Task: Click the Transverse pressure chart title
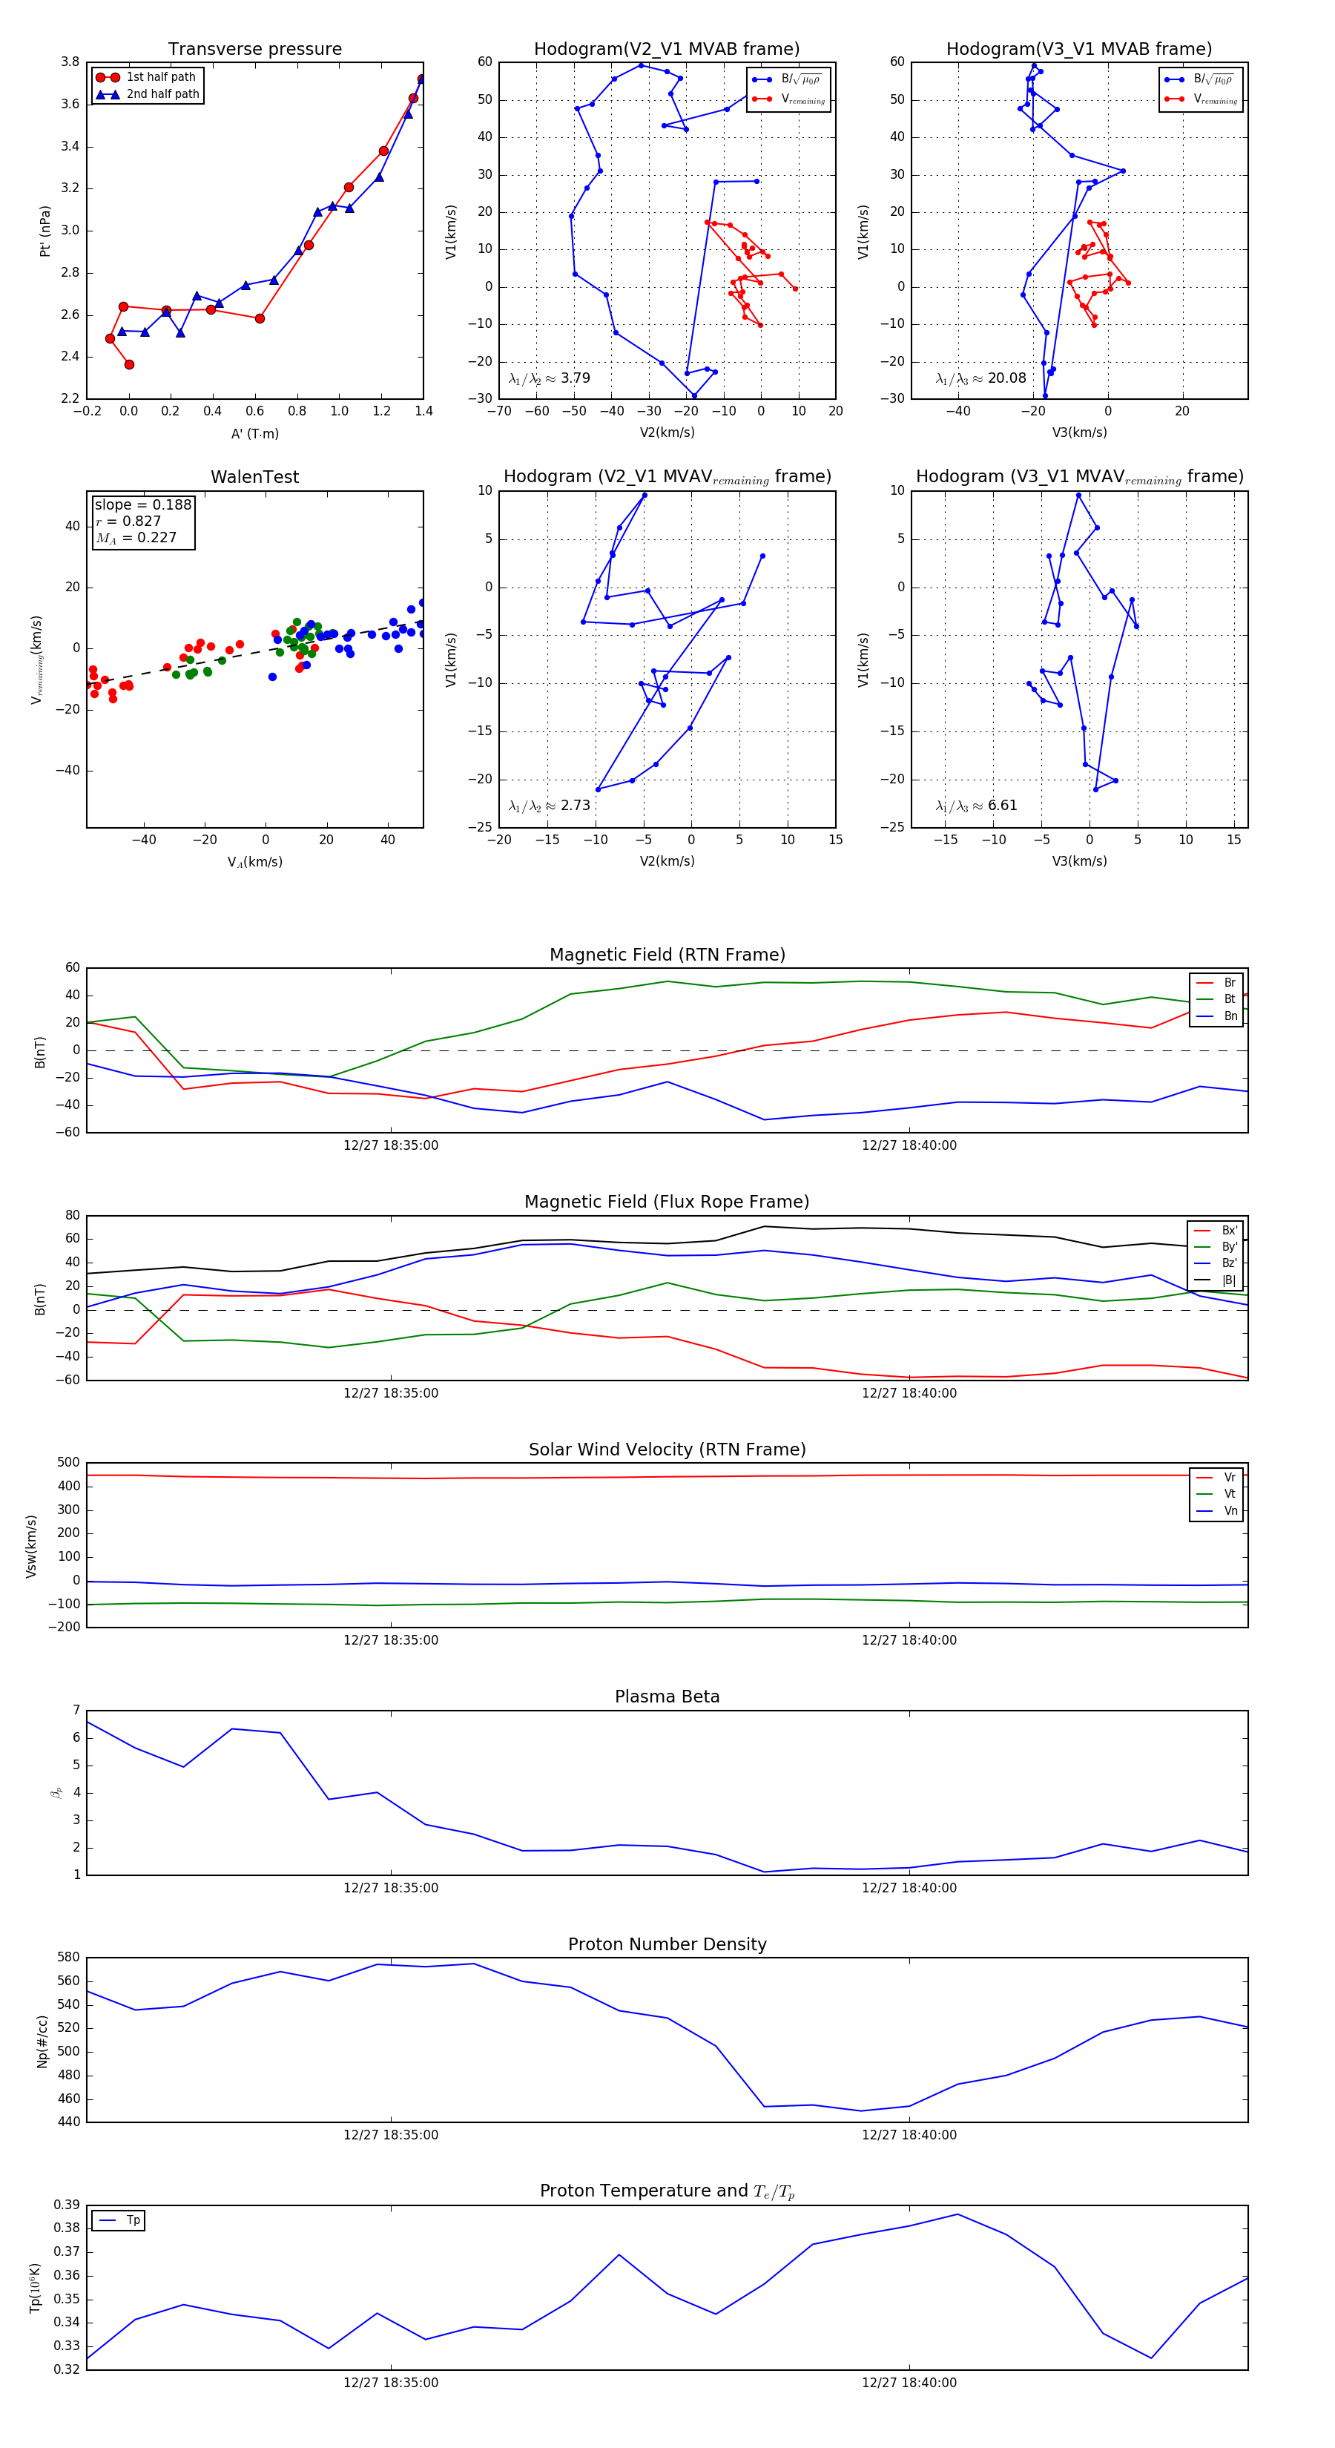pyautogui.click(x=254, y=50)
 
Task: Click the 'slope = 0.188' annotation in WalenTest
pyautogui.click(x=142, y=504)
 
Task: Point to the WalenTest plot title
pyautogui.click(x=254, y=477)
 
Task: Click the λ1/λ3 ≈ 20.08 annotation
pyautogui.click(x=980, y=378)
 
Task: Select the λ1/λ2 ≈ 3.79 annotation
pyautogui.click(x=549, y=378)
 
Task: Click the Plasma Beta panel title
pyautogui.click(x=667, y=1697)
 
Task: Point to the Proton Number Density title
pyautogui.click(x=667, y=1944)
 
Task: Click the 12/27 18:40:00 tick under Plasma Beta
pyautogui.click(x=909, y=1888)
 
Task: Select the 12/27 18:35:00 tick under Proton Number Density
pyautogui.click(x=391, y=2136)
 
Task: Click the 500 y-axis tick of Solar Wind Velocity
pyautogui.click(x=68, y=1463)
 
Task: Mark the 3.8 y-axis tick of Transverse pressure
pyautogui.click(x=70, y=62)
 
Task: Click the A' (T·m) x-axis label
pyautogui.click(x=254, y=433)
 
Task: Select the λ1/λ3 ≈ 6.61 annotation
pyautogui.click(x=976, y=806)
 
